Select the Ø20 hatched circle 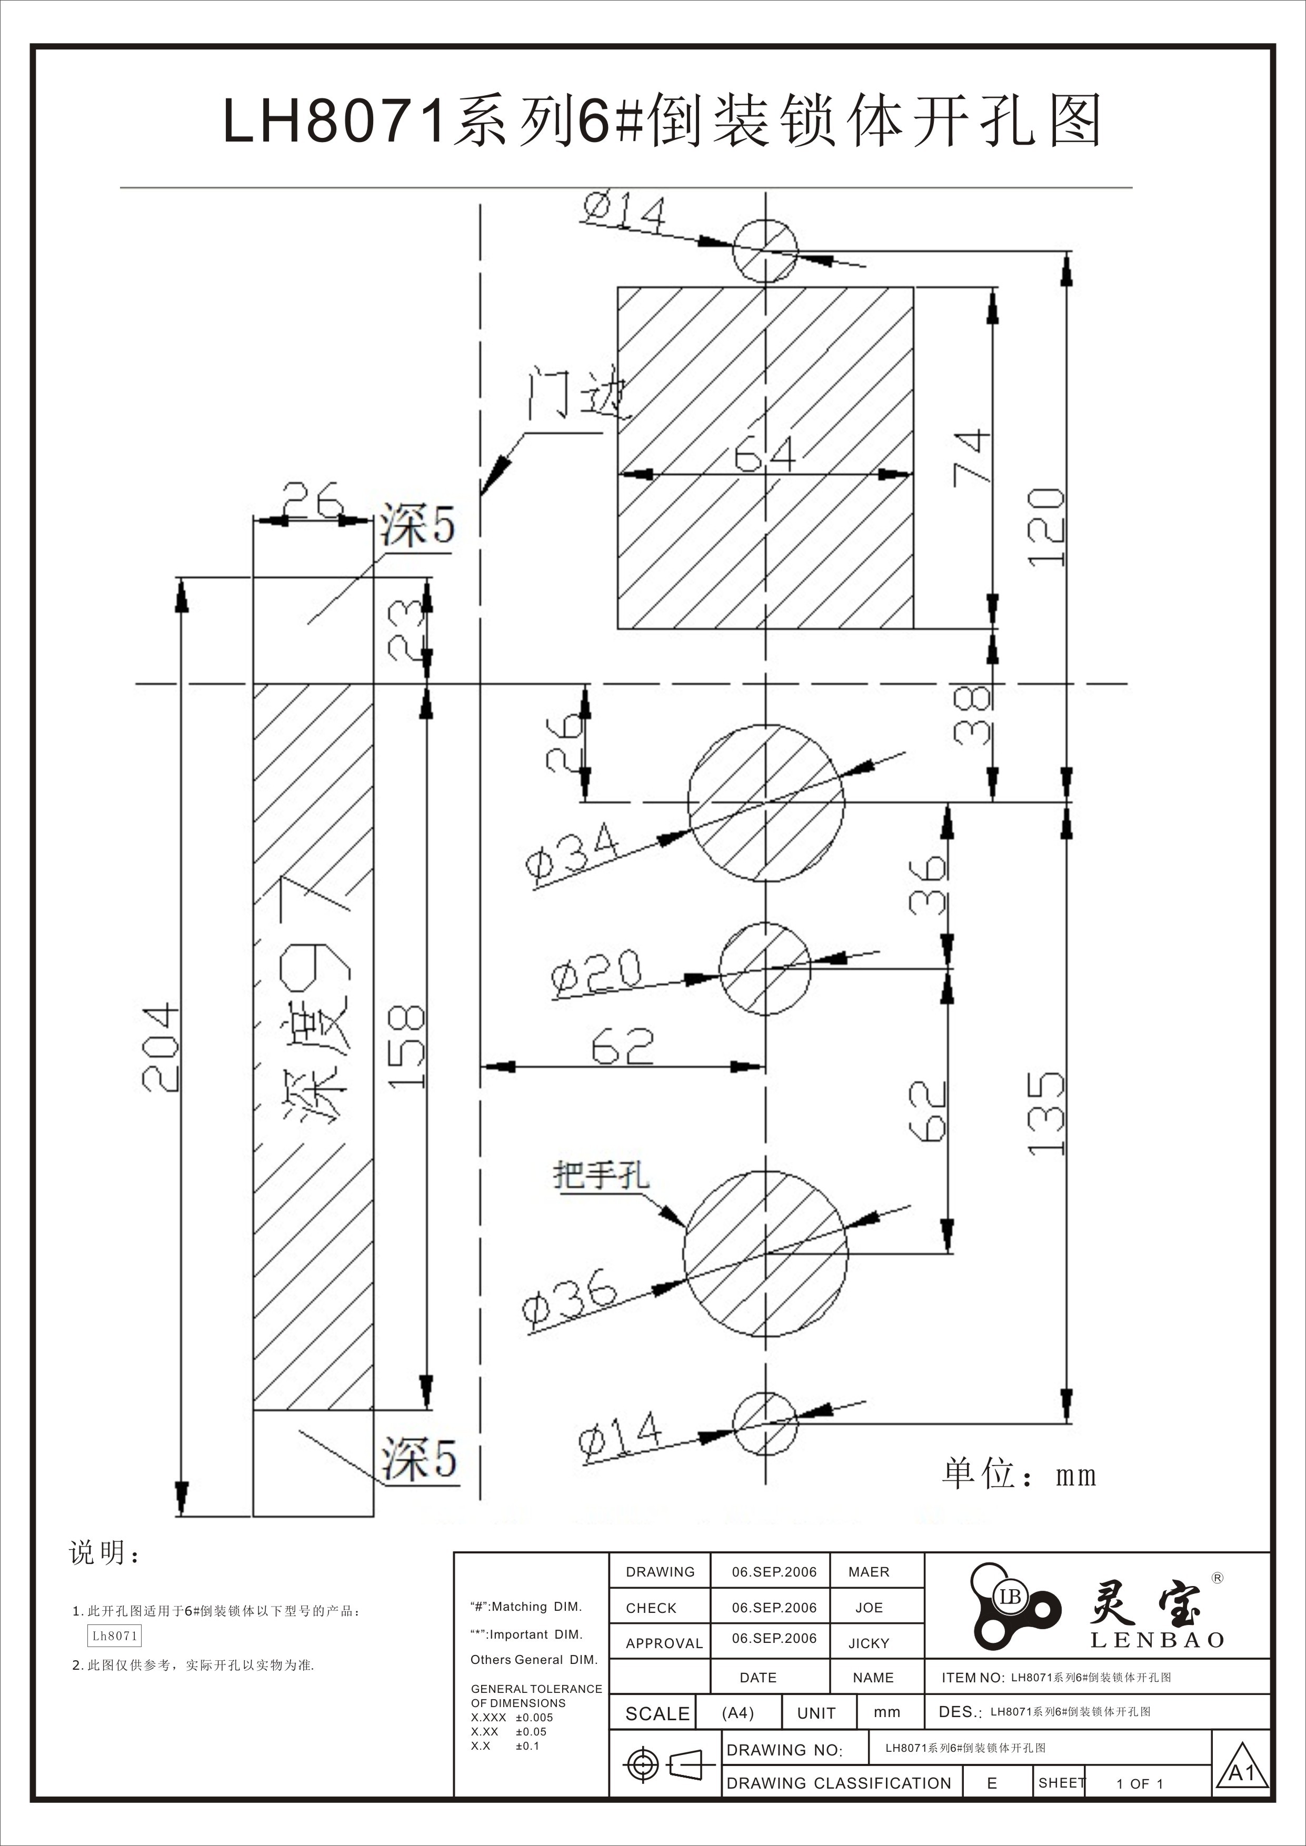(765, 968)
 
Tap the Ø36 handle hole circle (765, 1253)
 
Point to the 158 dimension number (406, 1047)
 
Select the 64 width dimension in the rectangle (765, 455)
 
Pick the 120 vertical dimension (1047, 527)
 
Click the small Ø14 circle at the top (765, 251)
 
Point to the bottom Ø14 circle (765, 1424)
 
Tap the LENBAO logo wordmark (1157, 1640)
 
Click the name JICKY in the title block (869, 1643)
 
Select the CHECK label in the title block (651, 1608)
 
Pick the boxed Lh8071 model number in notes (115, 1636)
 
